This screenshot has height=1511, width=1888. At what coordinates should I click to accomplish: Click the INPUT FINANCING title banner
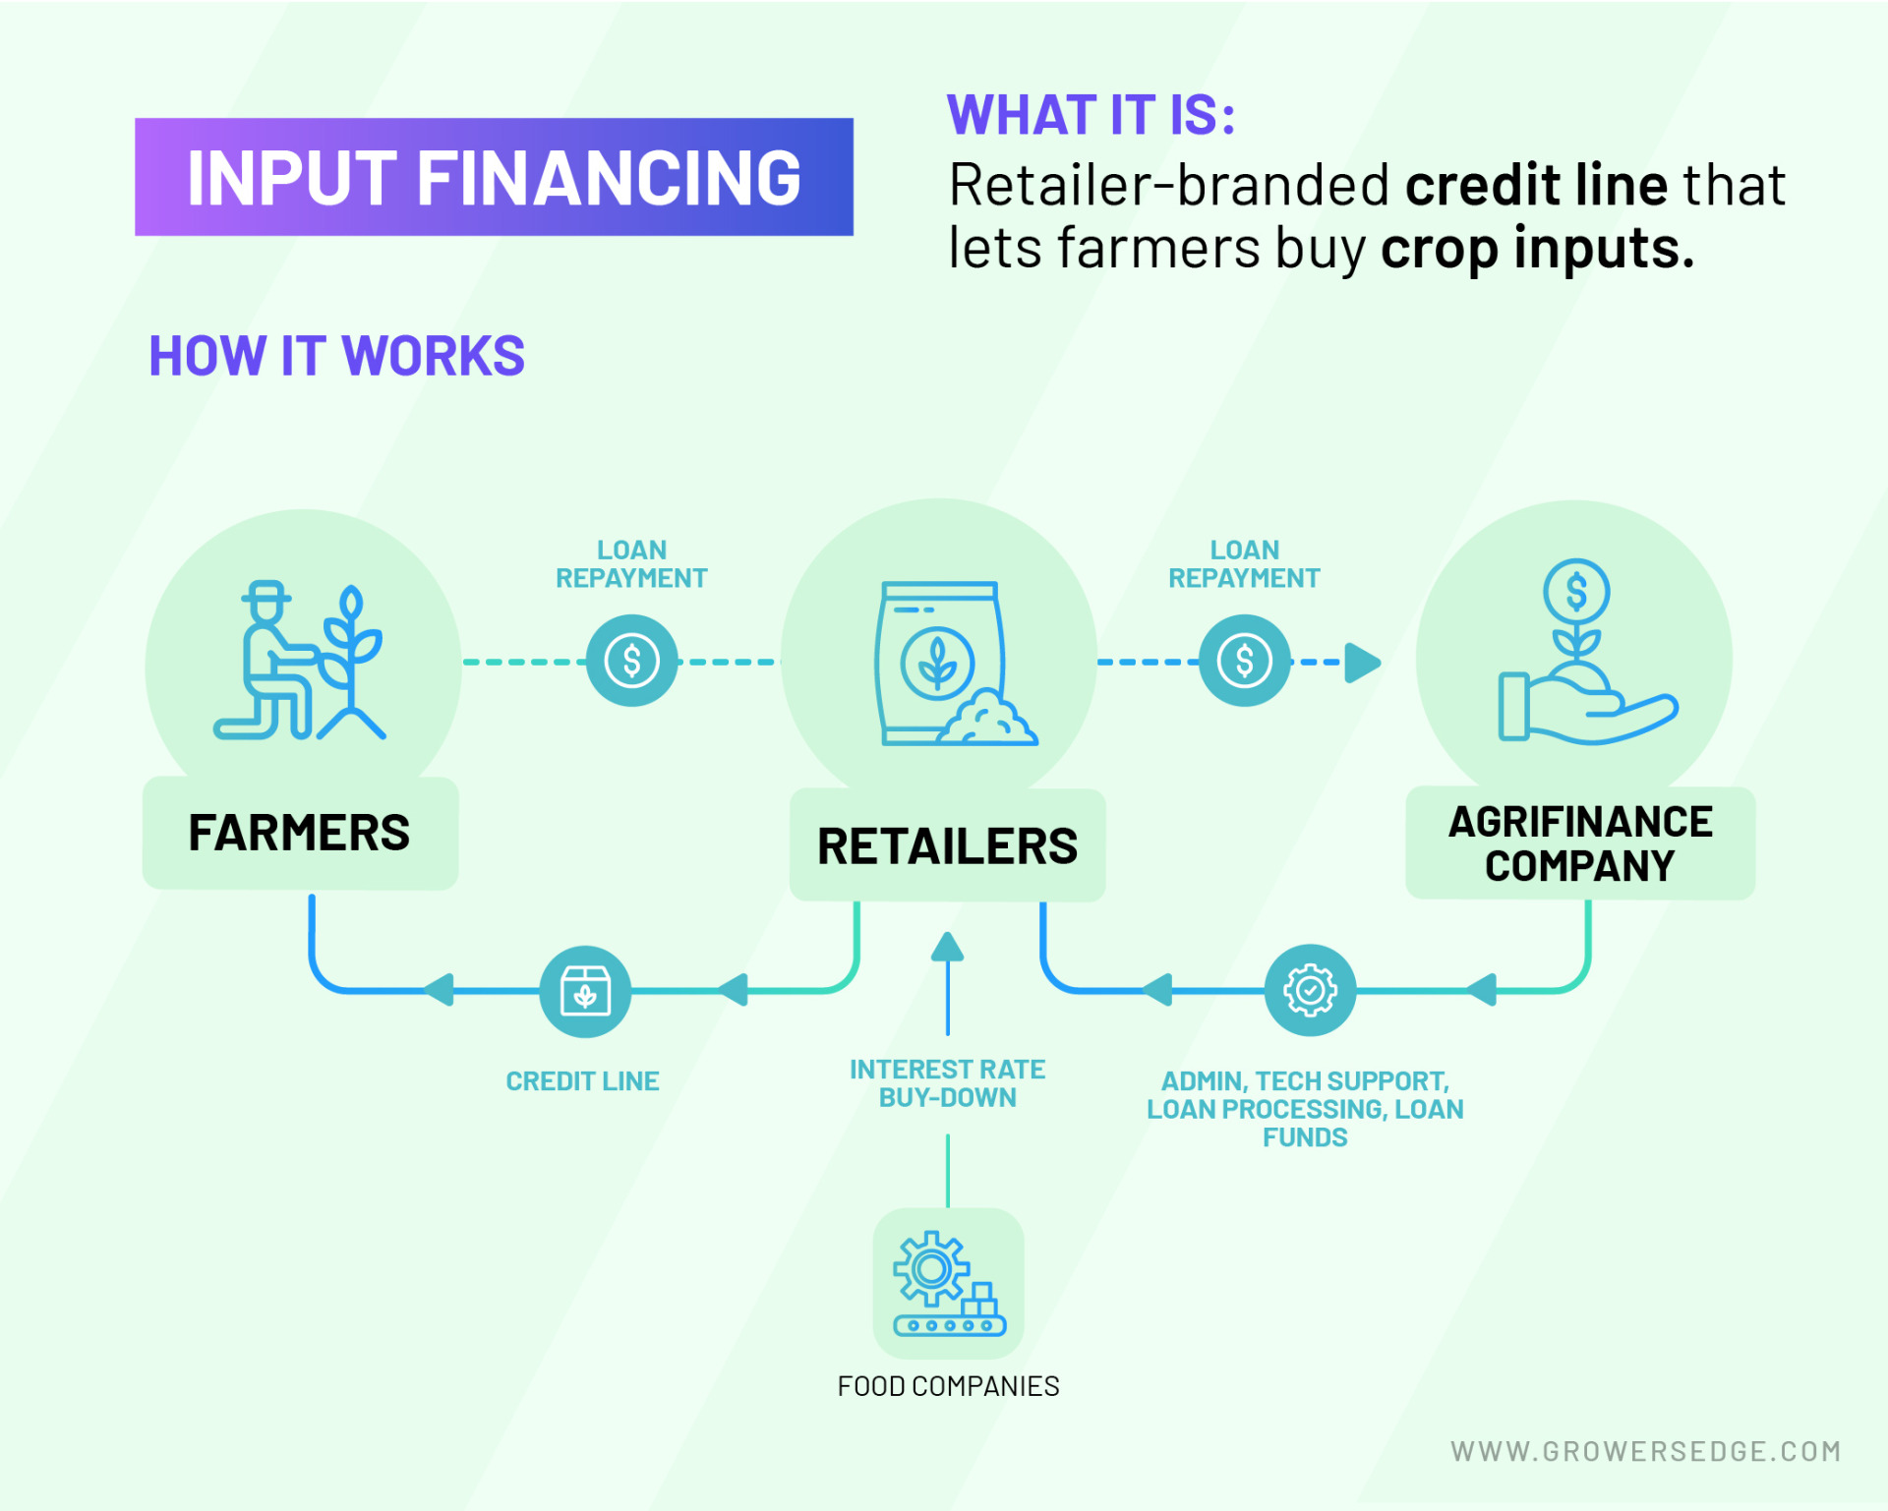tap(494, 177)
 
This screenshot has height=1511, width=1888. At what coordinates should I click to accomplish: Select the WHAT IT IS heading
tap(1091, 115)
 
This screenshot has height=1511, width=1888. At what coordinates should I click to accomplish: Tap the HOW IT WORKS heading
tap(336, 356)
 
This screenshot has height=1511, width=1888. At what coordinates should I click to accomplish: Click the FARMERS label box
tap(300, 834)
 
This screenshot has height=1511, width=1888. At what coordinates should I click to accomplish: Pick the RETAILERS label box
tap(947, 846)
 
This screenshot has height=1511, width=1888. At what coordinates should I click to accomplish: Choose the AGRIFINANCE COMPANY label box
tap(1579, 843)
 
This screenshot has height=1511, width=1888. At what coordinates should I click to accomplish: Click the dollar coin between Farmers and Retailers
tap(631, 661)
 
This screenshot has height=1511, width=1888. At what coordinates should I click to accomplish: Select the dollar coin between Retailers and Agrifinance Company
tap(1244, 661)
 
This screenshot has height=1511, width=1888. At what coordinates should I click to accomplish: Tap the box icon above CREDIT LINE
tap(585, 991)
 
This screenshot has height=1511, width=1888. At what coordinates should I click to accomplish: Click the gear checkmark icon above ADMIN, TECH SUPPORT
tap(1310, 991)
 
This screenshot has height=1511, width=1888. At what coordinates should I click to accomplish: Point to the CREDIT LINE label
tap(582, 1081)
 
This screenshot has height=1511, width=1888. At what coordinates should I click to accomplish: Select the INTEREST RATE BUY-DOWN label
tap(947, 1083)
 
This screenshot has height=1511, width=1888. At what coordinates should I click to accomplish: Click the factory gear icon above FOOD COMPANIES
tap(948, 1283)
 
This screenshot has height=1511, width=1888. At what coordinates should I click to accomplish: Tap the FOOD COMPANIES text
tap(948, 1386)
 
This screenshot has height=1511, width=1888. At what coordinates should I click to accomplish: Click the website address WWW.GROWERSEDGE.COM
tap(1645, 1451)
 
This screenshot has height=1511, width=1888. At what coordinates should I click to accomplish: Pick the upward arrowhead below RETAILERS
tap(947, 948)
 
